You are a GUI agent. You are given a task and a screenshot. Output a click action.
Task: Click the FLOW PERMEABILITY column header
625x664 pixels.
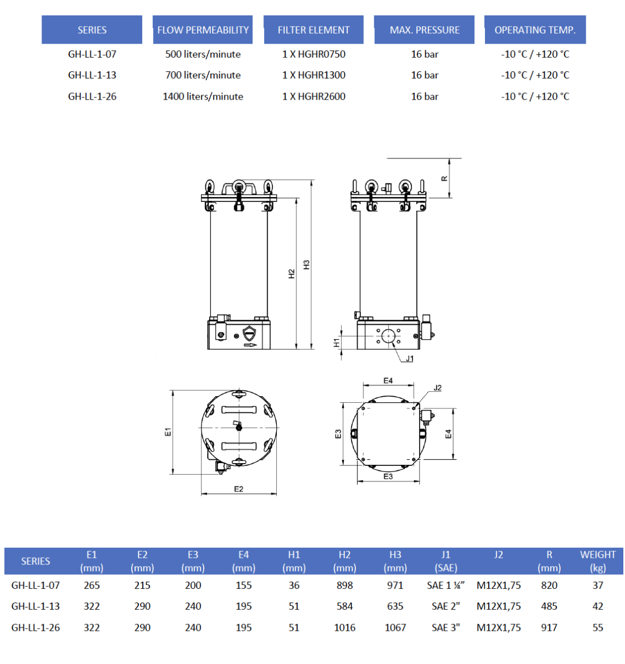(203, 30)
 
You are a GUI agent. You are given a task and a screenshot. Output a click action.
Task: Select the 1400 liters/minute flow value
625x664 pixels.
(203, 96)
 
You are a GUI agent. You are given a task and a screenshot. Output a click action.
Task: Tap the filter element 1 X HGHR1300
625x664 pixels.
(313, 75)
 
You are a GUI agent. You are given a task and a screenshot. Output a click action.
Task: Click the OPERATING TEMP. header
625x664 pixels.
(535, 30)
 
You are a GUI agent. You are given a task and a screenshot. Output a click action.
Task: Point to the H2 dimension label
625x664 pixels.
(292, 274)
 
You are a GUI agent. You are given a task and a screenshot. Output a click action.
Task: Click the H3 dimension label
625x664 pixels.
(307, 264)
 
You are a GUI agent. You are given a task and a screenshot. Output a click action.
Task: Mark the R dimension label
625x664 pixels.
(444, 178)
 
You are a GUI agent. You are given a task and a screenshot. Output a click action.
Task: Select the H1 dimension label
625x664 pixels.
(336, 343)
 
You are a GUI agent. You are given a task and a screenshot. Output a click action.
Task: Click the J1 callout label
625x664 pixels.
(410, 359)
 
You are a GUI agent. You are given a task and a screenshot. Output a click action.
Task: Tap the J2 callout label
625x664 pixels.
(437, 388)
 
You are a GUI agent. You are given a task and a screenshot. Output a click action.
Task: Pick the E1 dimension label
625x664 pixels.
(168, 432)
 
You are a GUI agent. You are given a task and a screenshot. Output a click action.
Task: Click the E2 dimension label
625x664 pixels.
(239, 489)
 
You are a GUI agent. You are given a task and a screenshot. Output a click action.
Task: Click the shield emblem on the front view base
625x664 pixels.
(250, 333)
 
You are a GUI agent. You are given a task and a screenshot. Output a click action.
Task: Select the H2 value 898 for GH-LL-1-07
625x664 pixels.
(344, 585)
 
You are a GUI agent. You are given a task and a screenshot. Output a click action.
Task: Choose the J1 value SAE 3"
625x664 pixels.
(446, 627)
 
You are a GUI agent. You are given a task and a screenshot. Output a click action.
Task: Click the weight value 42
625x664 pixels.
(597, 606)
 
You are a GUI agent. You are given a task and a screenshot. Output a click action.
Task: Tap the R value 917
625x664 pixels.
(549, 627)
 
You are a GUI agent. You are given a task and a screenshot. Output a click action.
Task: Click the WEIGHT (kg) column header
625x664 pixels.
(597, 561)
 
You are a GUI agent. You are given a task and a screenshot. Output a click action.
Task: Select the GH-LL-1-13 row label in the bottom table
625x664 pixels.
(35, 606)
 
